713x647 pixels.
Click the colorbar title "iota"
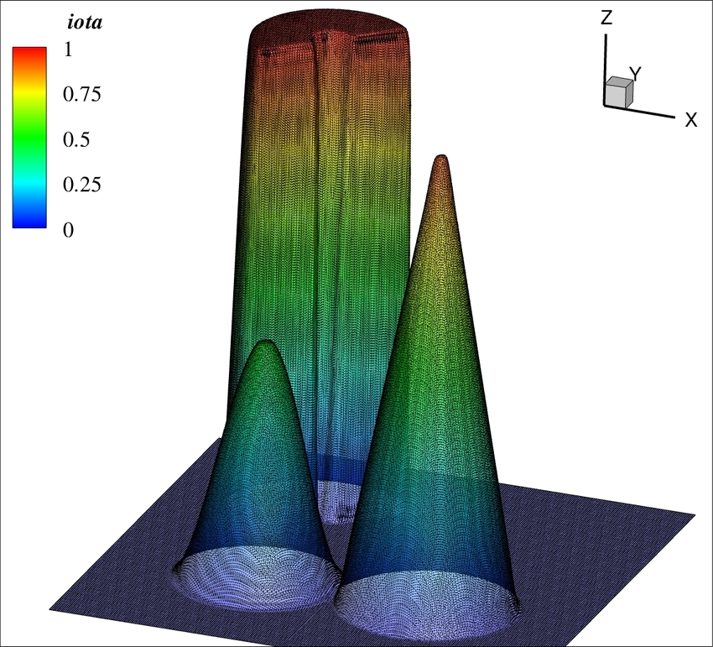85,23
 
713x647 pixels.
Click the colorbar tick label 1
68,50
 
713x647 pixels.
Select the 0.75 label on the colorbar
82,94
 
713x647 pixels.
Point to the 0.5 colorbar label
76,139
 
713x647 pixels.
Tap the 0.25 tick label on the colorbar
82,185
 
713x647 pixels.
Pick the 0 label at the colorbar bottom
68,230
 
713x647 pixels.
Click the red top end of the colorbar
29,51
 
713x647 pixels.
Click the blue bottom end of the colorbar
29,223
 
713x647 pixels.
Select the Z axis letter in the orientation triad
606,18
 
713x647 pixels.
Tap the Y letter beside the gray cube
635,73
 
